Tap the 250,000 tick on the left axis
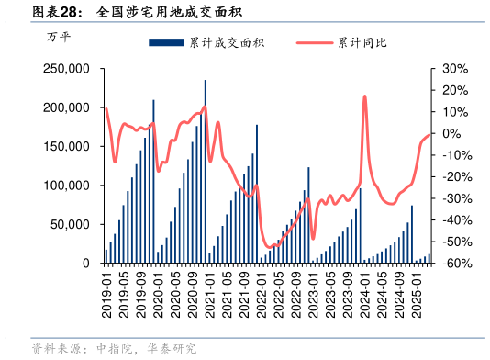(66, 69)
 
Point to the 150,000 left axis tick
(66, 147)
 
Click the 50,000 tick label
(70, 225)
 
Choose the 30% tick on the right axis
(456, 69)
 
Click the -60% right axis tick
(456, 264)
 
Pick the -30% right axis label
(456, 198)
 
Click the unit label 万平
(58, 38)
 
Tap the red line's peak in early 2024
(364, 96)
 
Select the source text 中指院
(115, 349)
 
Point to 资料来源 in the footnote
(53, 349)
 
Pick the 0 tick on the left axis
(84, 264)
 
